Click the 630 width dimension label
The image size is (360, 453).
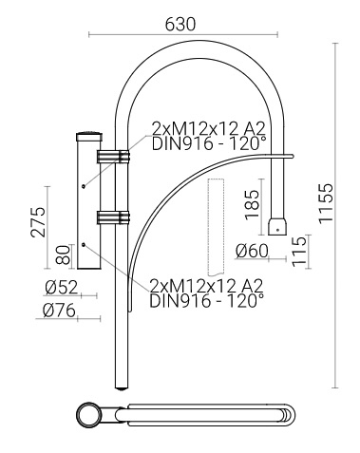pos(180,25)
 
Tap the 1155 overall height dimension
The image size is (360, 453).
pos(326,203)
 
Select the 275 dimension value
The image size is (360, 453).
pos(38,221)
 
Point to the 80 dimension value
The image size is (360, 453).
pos(63,255)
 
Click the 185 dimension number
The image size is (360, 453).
pos(253,204)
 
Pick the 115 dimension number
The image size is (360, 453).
pos(299,252)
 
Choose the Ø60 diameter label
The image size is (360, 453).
pos(252,251)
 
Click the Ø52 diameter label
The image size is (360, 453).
pos(61,288)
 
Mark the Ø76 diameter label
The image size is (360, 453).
pos(59,311)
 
